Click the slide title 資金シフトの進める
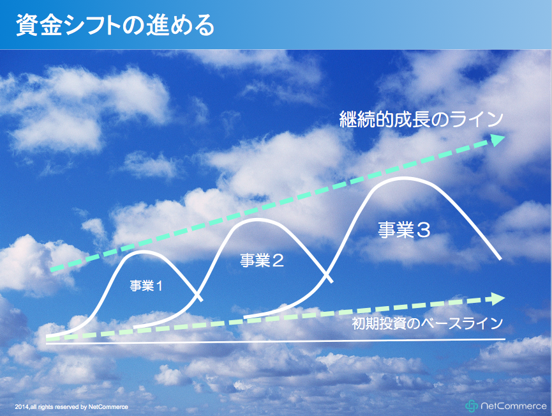pos(115,25)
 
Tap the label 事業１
pos(146,286)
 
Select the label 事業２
pos(262,260)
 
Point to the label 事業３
pos(404,229)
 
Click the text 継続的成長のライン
pos(421,119)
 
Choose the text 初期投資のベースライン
pos(427,323)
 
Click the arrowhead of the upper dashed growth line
pos(498,139)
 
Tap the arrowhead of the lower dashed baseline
pos(497,298)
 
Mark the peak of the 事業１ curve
pos(143,251)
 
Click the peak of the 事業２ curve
pos(256,219)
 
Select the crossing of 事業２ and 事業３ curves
pos(325,274)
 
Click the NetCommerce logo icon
pos(472,406)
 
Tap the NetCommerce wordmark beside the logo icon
pos(513,406)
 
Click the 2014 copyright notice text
pos(71,407)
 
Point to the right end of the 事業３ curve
pos(500,259)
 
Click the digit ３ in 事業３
pos(423,230)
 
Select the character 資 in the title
pos(27,25)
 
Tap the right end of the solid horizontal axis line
pos(505,339)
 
